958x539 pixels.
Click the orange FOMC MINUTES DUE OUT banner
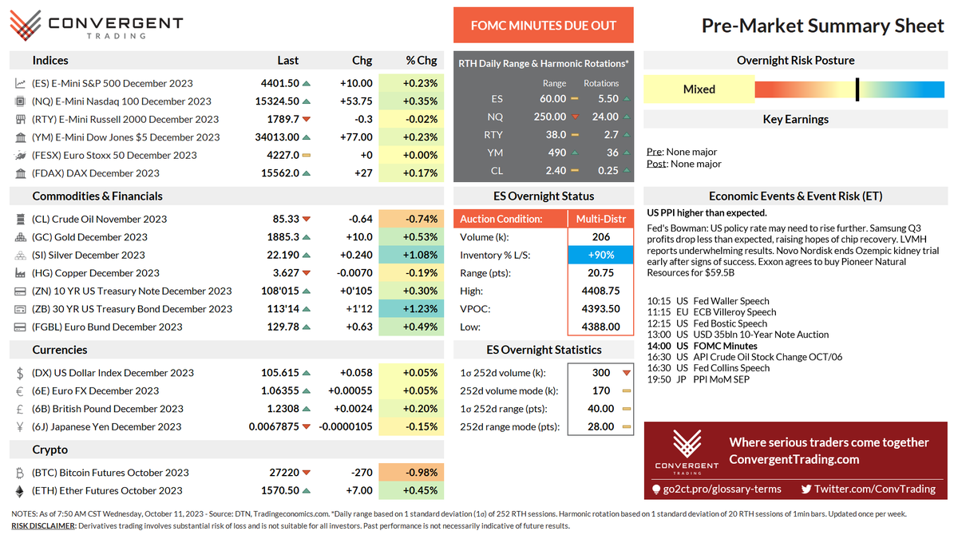point(543,26)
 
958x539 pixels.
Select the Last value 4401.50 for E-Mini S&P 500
point(279,83)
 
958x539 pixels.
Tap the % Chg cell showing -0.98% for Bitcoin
point(409,473)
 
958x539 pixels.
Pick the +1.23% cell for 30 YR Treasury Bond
point(409,309)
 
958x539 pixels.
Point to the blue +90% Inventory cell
point(601,255)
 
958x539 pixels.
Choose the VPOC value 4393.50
point(601,309)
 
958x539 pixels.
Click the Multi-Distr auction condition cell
point(601,219)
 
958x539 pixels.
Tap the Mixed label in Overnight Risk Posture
point(699,89)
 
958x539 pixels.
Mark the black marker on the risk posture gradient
point(857,89)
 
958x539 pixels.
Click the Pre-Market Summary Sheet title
point(822,26)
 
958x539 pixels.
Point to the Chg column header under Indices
point(362,60)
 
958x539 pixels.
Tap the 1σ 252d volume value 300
point(601,373)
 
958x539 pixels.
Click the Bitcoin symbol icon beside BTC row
point(20,473)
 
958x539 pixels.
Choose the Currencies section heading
point(60,350)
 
